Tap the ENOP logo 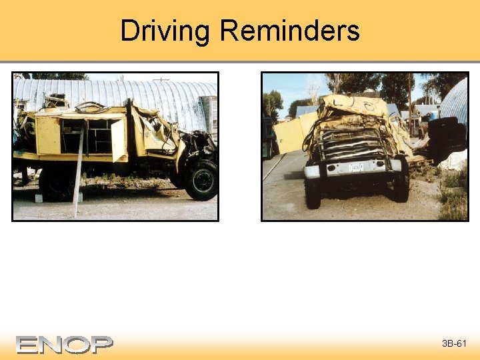65,344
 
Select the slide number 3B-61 455,344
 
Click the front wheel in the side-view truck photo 201,179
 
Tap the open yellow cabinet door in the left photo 118,139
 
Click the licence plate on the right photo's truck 355,167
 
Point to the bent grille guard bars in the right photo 353,143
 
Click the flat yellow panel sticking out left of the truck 289,135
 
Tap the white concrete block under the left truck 39,198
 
